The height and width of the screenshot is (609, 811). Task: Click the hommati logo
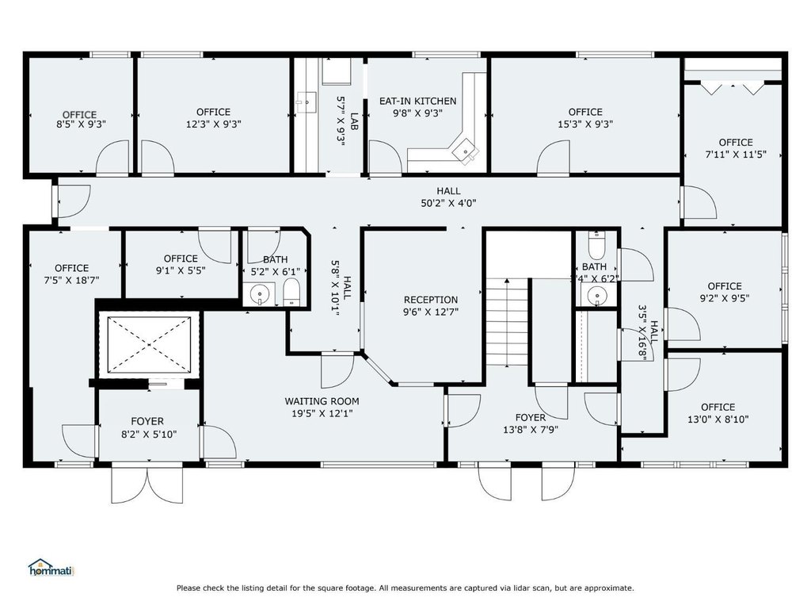51,568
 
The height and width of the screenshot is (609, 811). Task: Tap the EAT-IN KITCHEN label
418,101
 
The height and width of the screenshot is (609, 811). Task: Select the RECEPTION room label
431,300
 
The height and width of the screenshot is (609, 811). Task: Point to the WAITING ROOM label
322,401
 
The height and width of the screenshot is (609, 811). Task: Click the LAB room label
354,121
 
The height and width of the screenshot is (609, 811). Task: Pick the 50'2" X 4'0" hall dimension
448,204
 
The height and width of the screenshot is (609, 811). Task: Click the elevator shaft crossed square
149,344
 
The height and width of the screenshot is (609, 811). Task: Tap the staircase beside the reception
506,322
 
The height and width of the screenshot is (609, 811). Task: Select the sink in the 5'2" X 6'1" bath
260,294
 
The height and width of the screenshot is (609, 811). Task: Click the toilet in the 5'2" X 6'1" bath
291,293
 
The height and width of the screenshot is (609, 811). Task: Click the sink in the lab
307,101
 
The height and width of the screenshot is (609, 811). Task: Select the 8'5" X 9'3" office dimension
82,124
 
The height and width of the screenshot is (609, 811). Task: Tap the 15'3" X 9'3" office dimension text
585,124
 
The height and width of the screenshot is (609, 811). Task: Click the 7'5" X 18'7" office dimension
72,281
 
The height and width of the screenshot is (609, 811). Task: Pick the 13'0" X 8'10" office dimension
718,419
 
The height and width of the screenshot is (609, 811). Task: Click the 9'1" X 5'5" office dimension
181,270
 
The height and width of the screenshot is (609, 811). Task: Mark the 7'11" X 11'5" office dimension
736,155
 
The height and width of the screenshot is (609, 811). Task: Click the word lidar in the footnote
527,588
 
